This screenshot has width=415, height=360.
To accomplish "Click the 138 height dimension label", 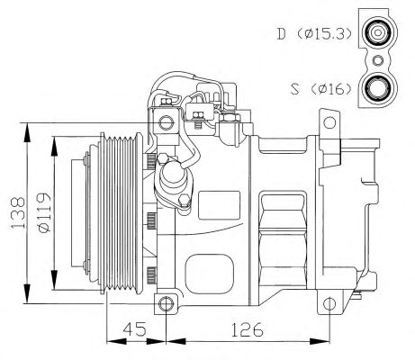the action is click(x=18, y=212).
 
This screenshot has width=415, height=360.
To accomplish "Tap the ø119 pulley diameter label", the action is click(x=44, y=213).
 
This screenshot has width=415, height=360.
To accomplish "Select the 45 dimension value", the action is click(x=134, y=329).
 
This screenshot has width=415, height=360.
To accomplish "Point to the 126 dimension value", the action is click(x=247, y=329).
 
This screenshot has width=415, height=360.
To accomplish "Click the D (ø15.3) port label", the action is click(x=314, y=34).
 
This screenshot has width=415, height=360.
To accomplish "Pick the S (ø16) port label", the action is click(x=321, y=89).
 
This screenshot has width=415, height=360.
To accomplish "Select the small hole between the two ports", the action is click(x=378, y=60).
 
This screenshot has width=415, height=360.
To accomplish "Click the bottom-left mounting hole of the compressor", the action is click(x=166, y=304).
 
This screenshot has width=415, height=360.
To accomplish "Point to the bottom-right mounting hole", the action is click(x=329, y=304).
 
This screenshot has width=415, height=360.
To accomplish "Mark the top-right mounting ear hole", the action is click(x=329, y=122).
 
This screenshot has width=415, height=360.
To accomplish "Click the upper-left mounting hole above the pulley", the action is click(x=166, y=122).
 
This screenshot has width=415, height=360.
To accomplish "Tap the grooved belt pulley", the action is click(x=122, y=213).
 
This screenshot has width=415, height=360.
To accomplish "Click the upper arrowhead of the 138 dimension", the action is click(x=27, y=132).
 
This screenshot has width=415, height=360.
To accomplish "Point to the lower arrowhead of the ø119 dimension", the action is click(x=54, y=280).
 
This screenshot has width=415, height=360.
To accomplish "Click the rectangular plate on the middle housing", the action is click(x=220, y=205).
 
